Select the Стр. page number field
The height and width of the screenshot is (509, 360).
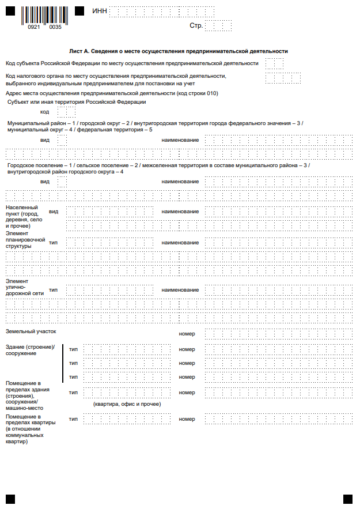click(x=218, y=26)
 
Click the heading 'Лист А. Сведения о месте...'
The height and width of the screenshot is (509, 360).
click(x=178, y=51)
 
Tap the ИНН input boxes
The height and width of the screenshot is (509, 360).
click(x=162, y=11)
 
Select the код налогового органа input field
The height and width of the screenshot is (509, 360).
click(x=284, y=78)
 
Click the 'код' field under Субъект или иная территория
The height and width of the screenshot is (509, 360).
click(x=66, y=112)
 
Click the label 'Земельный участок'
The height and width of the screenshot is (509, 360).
click(x=31, y=332)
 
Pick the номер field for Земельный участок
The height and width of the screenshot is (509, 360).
click(x=278, y=334)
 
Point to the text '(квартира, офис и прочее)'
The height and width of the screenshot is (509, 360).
click(x=127, y=404)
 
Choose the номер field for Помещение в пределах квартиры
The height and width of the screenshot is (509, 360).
click(x=278, y=419)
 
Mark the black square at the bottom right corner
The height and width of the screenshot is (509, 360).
click(x=347, y=498)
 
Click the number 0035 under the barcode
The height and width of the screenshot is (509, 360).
click(x=55, y=27)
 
